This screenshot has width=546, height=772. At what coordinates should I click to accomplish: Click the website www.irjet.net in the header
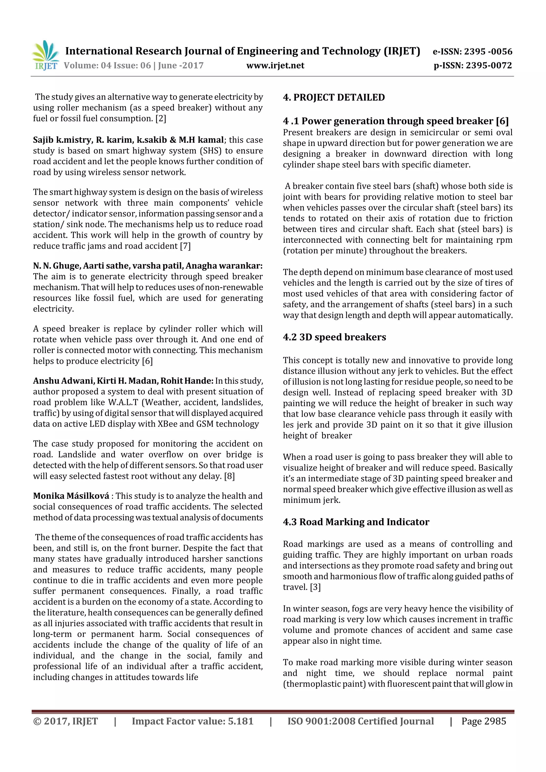[x=275, y=66]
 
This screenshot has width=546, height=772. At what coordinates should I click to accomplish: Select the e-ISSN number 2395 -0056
[x=488, y=52]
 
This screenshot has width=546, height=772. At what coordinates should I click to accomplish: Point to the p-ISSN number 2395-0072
[x=489, y=66]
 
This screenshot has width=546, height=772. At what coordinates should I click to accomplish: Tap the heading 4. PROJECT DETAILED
[x=334, y=98]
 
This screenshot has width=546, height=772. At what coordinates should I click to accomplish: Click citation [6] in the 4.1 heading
[x=502, y=121]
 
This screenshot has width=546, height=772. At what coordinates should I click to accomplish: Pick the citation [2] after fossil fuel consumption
[x=160, y=119]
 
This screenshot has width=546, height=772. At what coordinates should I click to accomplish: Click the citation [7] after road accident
[x=185, y=246]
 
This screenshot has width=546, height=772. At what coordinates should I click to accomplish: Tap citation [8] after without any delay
[x=230, y=476]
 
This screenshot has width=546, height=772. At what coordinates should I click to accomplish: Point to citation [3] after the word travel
[x=315, y=587]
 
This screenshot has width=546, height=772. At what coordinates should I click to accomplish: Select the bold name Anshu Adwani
[x=63, y=381]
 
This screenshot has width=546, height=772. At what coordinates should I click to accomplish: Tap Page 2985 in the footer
[x=483, y=721]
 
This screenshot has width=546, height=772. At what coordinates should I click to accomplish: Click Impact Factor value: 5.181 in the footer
[x=192, y=721]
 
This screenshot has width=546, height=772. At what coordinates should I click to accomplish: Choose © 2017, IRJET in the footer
[x=66, y=721]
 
